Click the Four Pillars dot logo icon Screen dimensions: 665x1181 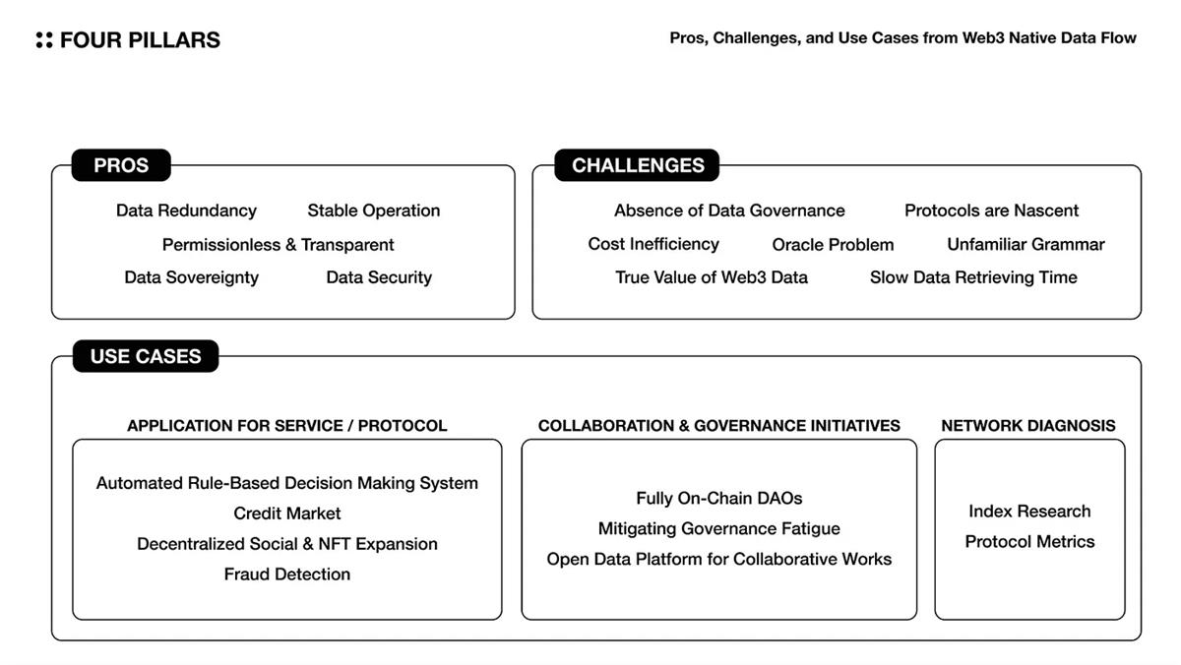point(43,40)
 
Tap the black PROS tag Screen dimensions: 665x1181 point(121,165)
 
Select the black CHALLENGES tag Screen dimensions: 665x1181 point(638,165)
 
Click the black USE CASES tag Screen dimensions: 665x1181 point(146,356)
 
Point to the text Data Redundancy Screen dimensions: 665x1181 point(186,211)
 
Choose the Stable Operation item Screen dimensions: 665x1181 point(374,211)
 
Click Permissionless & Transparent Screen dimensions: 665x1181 point(278,245)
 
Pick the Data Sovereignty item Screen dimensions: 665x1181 point(191,277)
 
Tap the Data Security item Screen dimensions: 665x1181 point(379,277)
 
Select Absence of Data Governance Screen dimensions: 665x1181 point(729,211)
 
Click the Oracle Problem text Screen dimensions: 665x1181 point(833,245)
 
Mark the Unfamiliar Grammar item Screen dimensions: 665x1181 point(1026,244)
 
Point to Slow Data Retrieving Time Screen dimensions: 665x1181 point(973,277)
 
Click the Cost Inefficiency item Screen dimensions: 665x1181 point(653,244)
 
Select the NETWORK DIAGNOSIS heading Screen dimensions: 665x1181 point(1028,426)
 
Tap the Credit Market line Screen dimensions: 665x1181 point(287,514)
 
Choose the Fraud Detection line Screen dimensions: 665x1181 point(287,574)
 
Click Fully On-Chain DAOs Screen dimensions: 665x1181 point(719,499)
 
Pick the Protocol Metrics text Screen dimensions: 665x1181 point(1029,542)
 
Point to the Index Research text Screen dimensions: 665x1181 point(1029,512)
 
